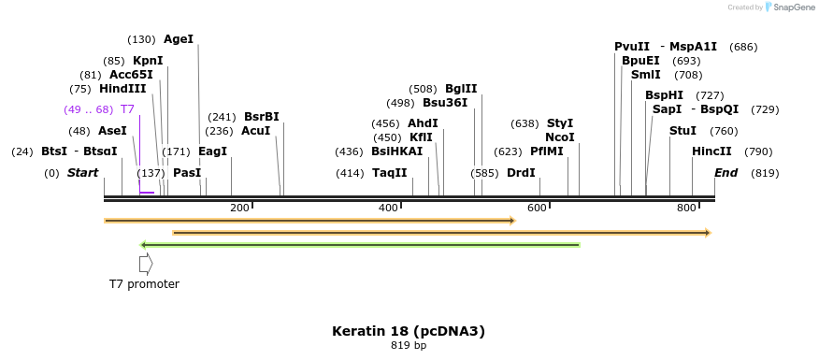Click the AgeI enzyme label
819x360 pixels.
[178, 39]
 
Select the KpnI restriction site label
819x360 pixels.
[148, 61]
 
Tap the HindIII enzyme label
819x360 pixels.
[122, 89]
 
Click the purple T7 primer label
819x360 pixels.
[127, 109]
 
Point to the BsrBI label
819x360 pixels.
[261, 117]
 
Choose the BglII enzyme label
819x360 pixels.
[461, 89]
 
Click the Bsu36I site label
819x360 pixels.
[445, 103]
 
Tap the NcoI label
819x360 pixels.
[559, 137]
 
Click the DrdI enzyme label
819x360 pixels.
[521, 173]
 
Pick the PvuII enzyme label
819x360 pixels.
[632, 47]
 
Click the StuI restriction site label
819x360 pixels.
[682, 131]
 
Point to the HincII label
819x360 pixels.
[711, 151]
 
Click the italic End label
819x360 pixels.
[726, 173]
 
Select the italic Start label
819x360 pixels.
[82, 173]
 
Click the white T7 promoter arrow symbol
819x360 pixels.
[145, 265]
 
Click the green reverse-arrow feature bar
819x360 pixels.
[360, 245]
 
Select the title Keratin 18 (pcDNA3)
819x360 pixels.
[409, 331]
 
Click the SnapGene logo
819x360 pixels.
[782, 7]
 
